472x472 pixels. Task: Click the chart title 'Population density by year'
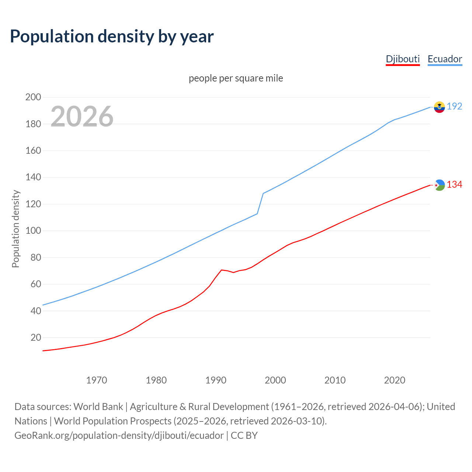[112, 37]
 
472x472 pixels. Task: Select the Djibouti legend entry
[403, 59]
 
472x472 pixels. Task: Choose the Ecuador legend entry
[445, 59]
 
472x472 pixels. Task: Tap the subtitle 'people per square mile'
[236, 78]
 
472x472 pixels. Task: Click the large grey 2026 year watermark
[82, 117]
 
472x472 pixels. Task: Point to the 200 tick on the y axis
[33, 97]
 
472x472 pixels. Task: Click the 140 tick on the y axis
[33, 177]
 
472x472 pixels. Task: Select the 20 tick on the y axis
[35, 337]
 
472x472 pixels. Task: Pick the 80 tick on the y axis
[35, 257]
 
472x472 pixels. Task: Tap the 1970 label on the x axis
[97, 380]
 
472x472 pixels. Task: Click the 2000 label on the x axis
[275, 380]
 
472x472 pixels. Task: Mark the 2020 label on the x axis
[395, 380]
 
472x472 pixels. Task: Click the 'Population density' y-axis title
[15, 229]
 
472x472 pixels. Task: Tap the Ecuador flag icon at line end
[439, 107]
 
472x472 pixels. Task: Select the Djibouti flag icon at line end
[439, 185]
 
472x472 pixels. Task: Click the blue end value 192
[454, 107]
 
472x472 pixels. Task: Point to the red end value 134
[454, 185]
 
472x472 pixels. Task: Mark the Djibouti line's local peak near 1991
[221, 270]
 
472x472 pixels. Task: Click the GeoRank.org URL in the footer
[119, 435]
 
